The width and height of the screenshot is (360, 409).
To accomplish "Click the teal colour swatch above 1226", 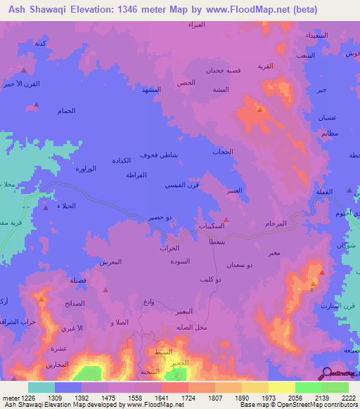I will coord(41,387).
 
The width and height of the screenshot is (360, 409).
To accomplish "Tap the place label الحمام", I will coord(66,111).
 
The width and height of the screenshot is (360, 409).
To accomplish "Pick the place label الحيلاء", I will coord(65,207).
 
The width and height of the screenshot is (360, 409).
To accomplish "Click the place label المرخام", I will coord(276,223).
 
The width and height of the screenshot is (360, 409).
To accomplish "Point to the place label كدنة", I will coord(41,44).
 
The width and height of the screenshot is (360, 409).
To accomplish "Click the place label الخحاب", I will coord(222,152).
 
